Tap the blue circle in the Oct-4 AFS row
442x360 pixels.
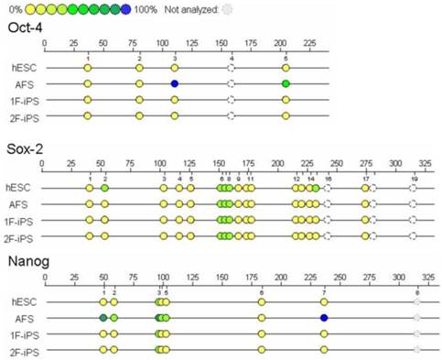pos(174,83)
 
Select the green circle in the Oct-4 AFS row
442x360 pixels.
pos(286,83)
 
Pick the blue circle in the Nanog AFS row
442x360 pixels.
pos(324,317)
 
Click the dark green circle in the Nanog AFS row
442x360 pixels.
pos(103,317)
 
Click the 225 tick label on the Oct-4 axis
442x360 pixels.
pos(308,43)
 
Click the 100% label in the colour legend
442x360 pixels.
pos(147,9)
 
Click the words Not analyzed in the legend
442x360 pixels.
pos(194,9)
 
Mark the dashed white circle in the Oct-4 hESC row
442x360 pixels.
pos(232,68)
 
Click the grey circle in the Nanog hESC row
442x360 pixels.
pos(416,301)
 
